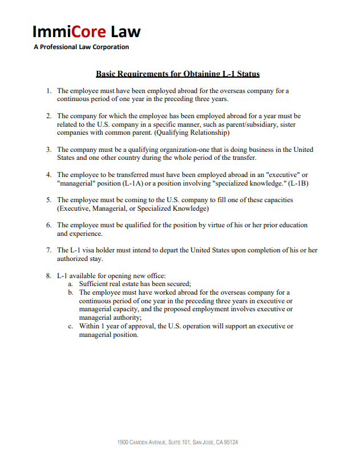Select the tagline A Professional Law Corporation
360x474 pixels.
(82, 47)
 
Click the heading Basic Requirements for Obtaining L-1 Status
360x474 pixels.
(178, 74)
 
